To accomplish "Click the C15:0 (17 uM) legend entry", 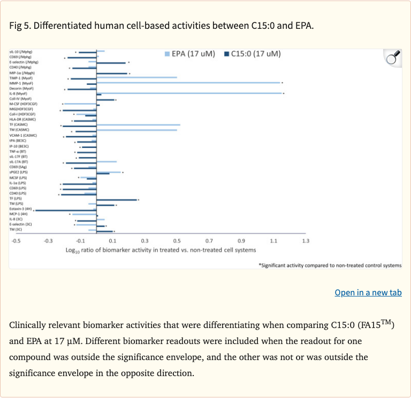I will (252, 53).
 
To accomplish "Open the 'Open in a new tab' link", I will (368, 292).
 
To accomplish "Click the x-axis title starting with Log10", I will (161, 250).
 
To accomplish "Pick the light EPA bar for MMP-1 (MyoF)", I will (188, 83).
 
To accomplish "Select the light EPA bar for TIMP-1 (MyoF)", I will (137, 77).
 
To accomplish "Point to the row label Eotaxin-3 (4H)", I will (20, 208).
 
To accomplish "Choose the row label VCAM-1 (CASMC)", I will (22, 135).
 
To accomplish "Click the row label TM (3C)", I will (16, 229).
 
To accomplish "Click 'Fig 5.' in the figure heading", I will (19, 26).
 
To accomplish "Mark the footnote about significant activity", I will (329, 265).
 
